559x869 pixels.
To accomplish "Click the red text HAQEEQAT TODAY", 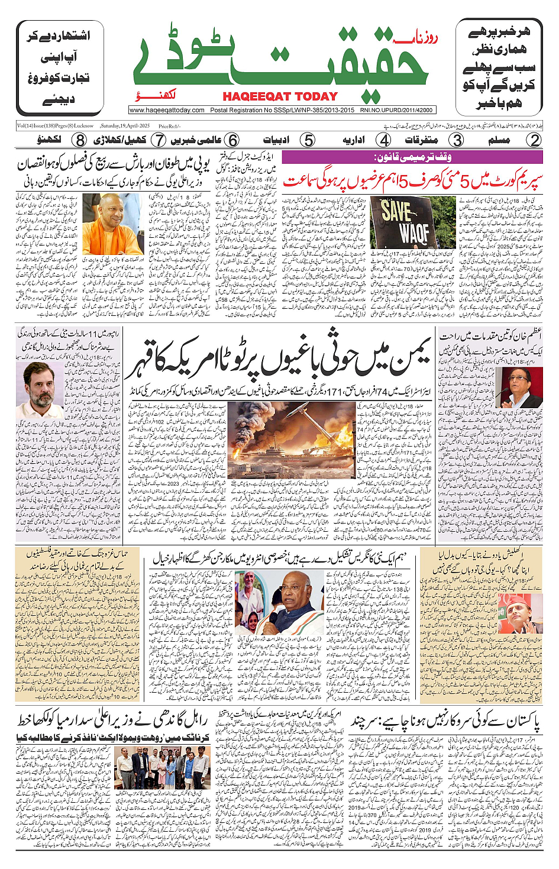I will click(x=280, y=96).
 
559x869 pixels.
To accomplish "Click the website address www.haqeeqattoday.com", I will click(x=167, y=110).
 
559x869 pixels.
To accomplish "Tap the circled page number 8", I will click(x=80, y=140).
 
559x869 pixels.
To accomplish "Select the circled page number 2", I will click(x=534, y=140).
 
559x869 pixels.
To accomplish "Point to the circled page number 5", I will click(x=308, y=140).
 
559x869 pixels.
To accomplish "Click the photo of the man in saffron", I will click(x=112, y=224).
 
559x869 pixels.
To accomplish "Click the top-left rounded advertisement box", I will click(x=60, y=67).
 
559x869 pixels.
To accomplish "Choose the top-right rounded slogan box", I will click(x=499, y=67).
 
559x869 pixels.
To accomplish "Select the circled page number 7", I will click(x=158, y=140).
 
